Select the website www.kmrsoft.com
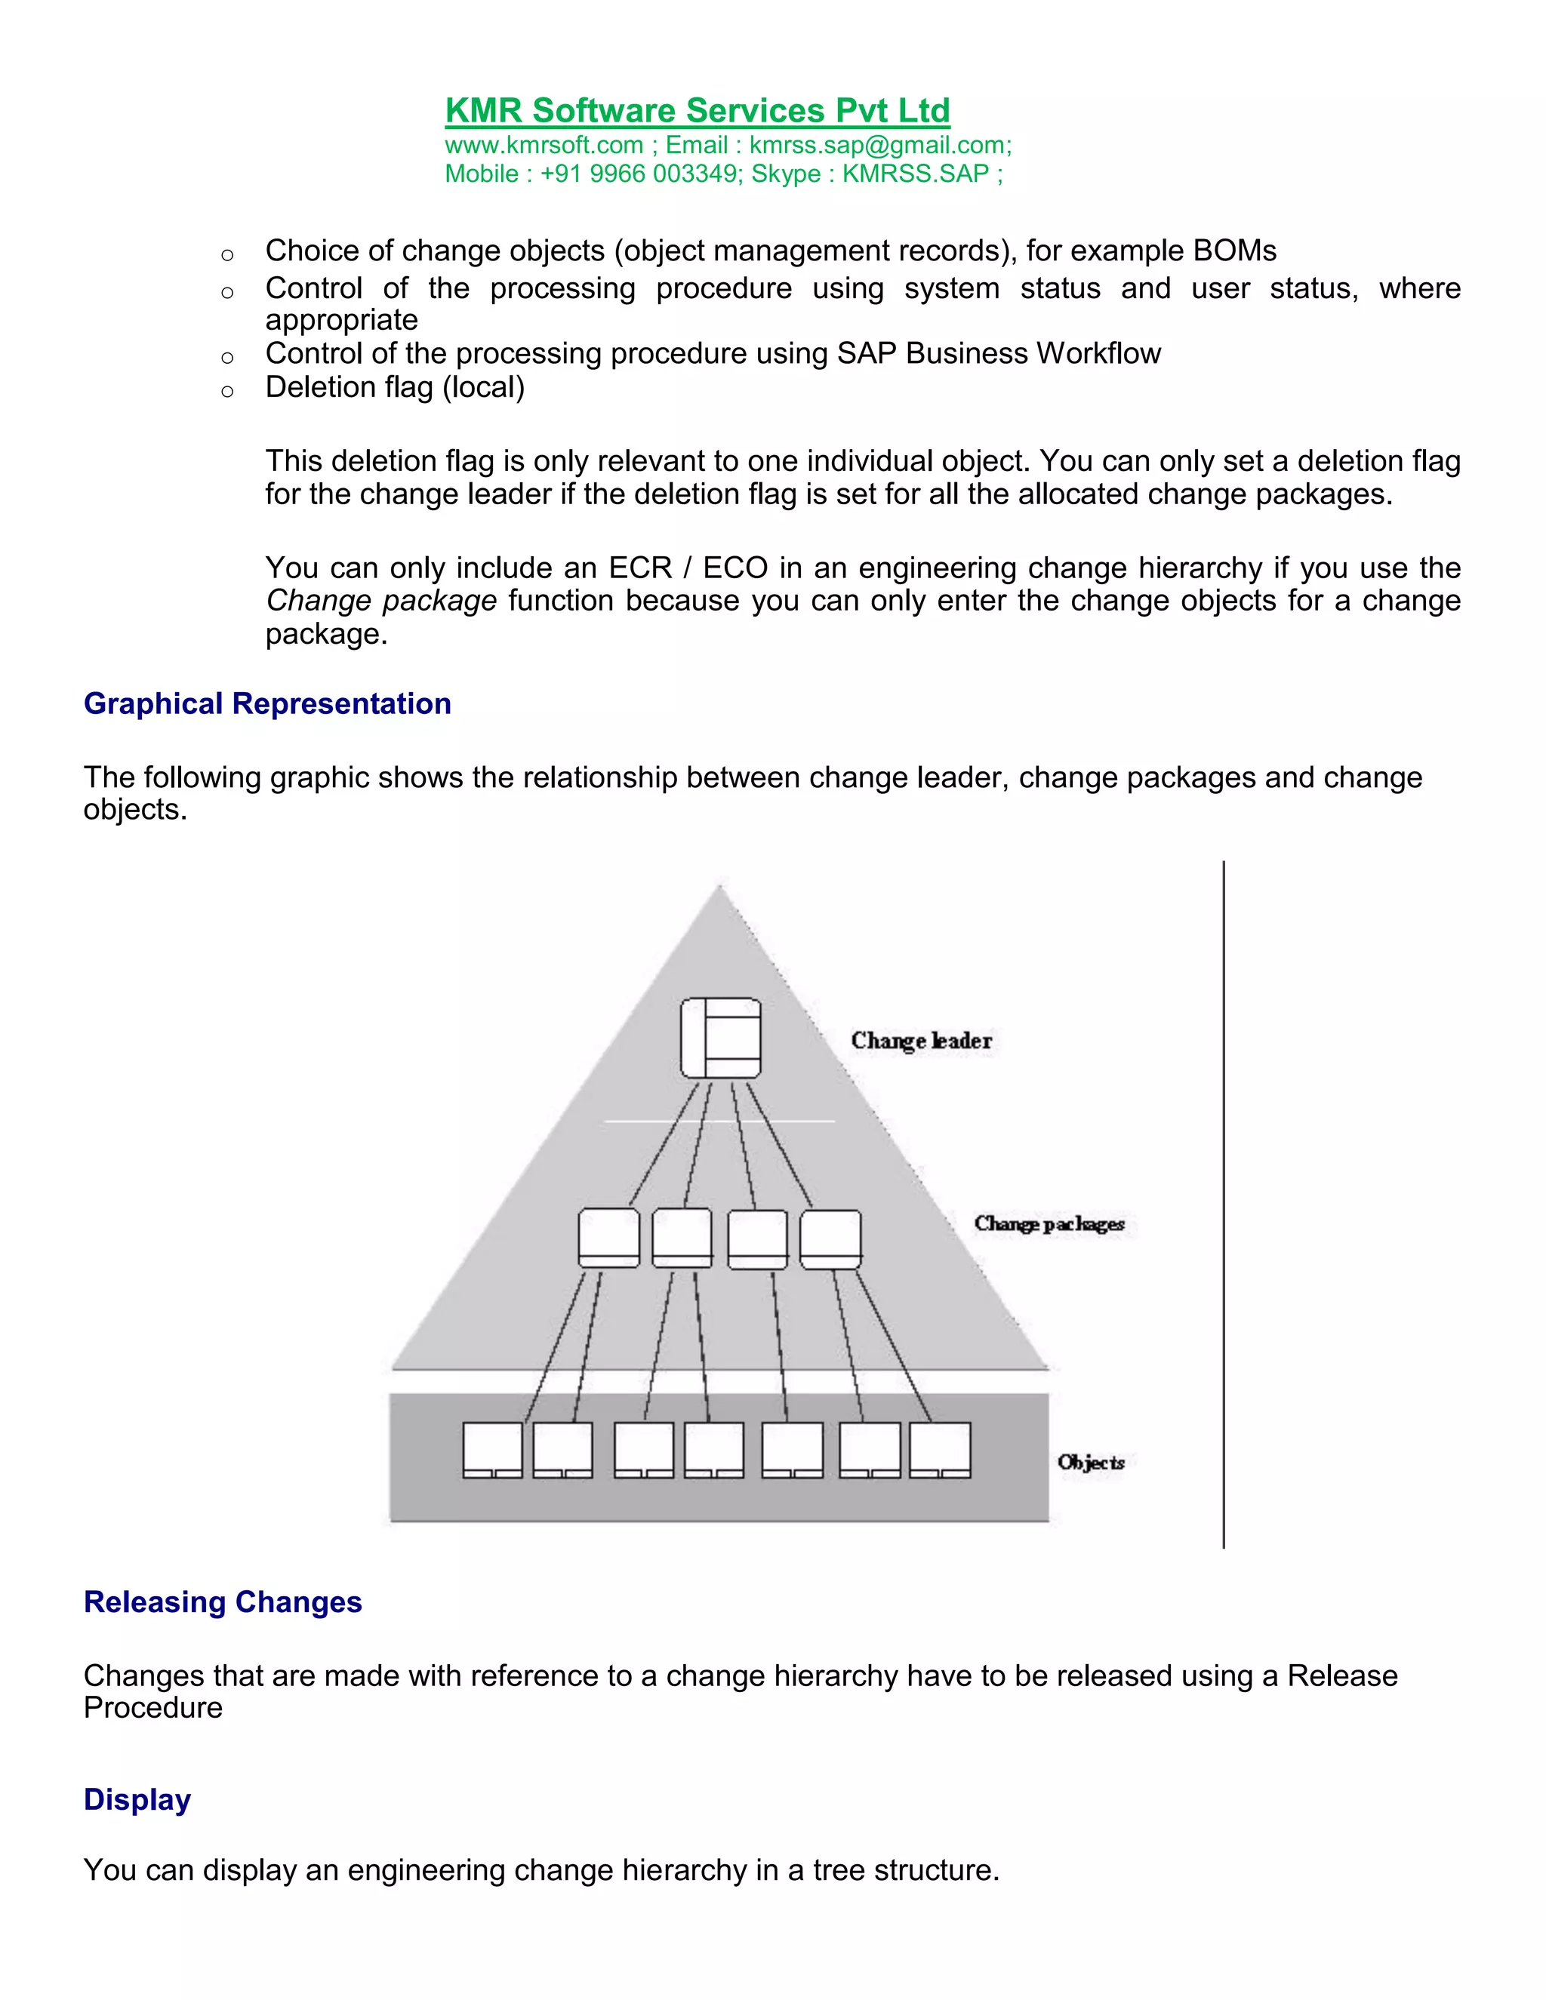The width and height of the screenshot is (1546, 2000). click(544, 146)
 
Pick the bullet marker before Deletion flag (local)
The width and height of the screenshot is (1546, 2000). click(227, 392)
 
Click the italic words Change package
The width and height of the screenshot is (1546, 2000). click(381, 601)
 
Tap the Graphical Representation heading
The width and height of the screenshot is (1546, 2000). click(267, 703)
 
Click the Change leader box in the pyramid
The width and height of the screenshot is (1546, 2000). click(721, 1038)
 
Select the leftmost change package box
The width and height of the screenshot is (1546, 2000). click(609, 1238)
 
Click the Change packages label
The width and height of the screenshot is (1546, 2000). click(1049, 1223)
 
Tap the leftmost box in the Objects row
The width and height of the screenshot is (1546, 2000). click(493, 1450)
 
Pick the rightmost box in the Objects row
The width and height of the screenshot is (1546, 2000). click(940, 1450)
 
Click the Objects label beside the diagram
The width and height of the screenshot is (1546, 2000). click(1091, 1463)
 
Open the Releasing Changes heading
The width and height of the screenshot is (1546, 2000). click(223, 1602)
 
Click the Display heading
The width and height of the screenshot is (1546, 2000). click(137, 1799)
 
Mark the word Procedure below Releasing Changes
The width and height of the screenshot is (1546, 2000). click(153, 1708)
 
